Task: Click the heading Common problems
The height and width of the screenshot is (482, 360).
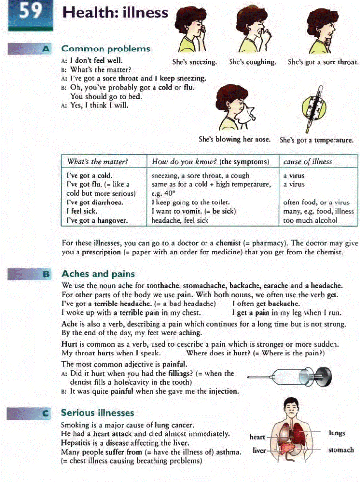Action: [x=105, y=49]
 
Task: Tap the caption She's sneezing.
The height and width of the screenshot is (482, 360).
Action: [x=194, y=62]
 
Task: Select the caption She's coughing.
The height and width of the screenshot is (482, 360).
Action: [x=252, y=62]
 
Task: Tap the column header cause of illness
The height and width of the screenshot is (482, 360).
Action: [x=308, y=161]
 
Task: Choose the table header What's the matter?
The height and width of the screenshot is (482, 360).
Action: [x=97, y=161]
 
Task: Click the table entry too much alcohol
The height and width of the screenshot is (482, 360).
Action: [x=310, y=220]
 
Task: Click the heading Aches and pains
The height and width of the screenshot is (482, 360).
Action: [x=98, y=274]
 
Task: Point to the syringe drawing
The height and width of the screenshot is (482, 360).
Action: [x=290, y=376]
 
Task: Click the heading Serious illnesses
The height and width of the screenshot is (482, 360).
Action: [x=97, y=412]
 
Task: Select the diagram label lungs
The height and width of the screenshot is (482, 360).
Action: [x=337, y=433]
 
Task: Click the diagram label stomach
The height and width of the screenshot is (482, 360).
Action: [x=341, y=449]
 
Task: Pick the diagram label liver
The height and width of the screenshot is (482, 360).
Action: [x=258, y=450]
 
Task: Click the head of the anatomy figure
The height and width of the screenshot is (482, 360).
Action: [x=293, y=407]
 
